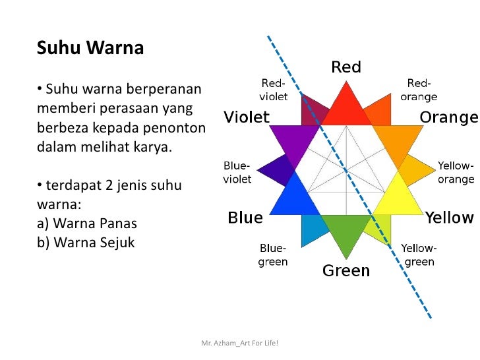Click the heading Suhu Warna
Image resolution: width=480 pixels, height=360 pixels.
click(x=90, y=48)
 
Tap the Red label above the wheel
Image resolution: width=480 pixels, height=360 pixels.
click(x=345, y=67)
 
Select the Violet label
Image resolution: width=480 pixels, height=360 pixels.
click(x=247, y=117)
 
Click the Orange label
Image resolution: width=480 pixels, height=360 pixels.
click(x=449, y=117)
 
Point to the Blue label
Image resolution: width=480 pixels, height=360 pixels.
click(x=245, y=218)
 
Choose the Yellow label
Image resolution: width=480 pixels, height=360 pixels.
click(x=449, y=218)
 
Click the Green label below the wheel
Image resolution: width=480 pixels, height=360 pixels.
click(x=345, y=270)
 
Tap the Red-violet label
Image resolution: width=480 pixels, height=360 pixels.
click(x=273, y=90)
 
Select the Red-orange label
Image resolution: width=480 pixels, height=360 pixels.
click(x=419, y=90)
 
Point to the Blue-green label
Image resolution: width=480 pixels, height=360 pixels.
click(x=273, y=255)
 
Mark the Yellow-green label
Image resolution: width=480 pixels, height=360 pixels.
click(x=419, y=255)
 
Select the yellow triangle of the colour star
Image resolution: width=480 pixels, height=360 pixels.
click(x=399, y=198)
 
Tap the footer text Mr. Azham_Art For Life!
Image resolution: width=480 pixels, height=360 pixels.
click(x=239, y=344)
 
